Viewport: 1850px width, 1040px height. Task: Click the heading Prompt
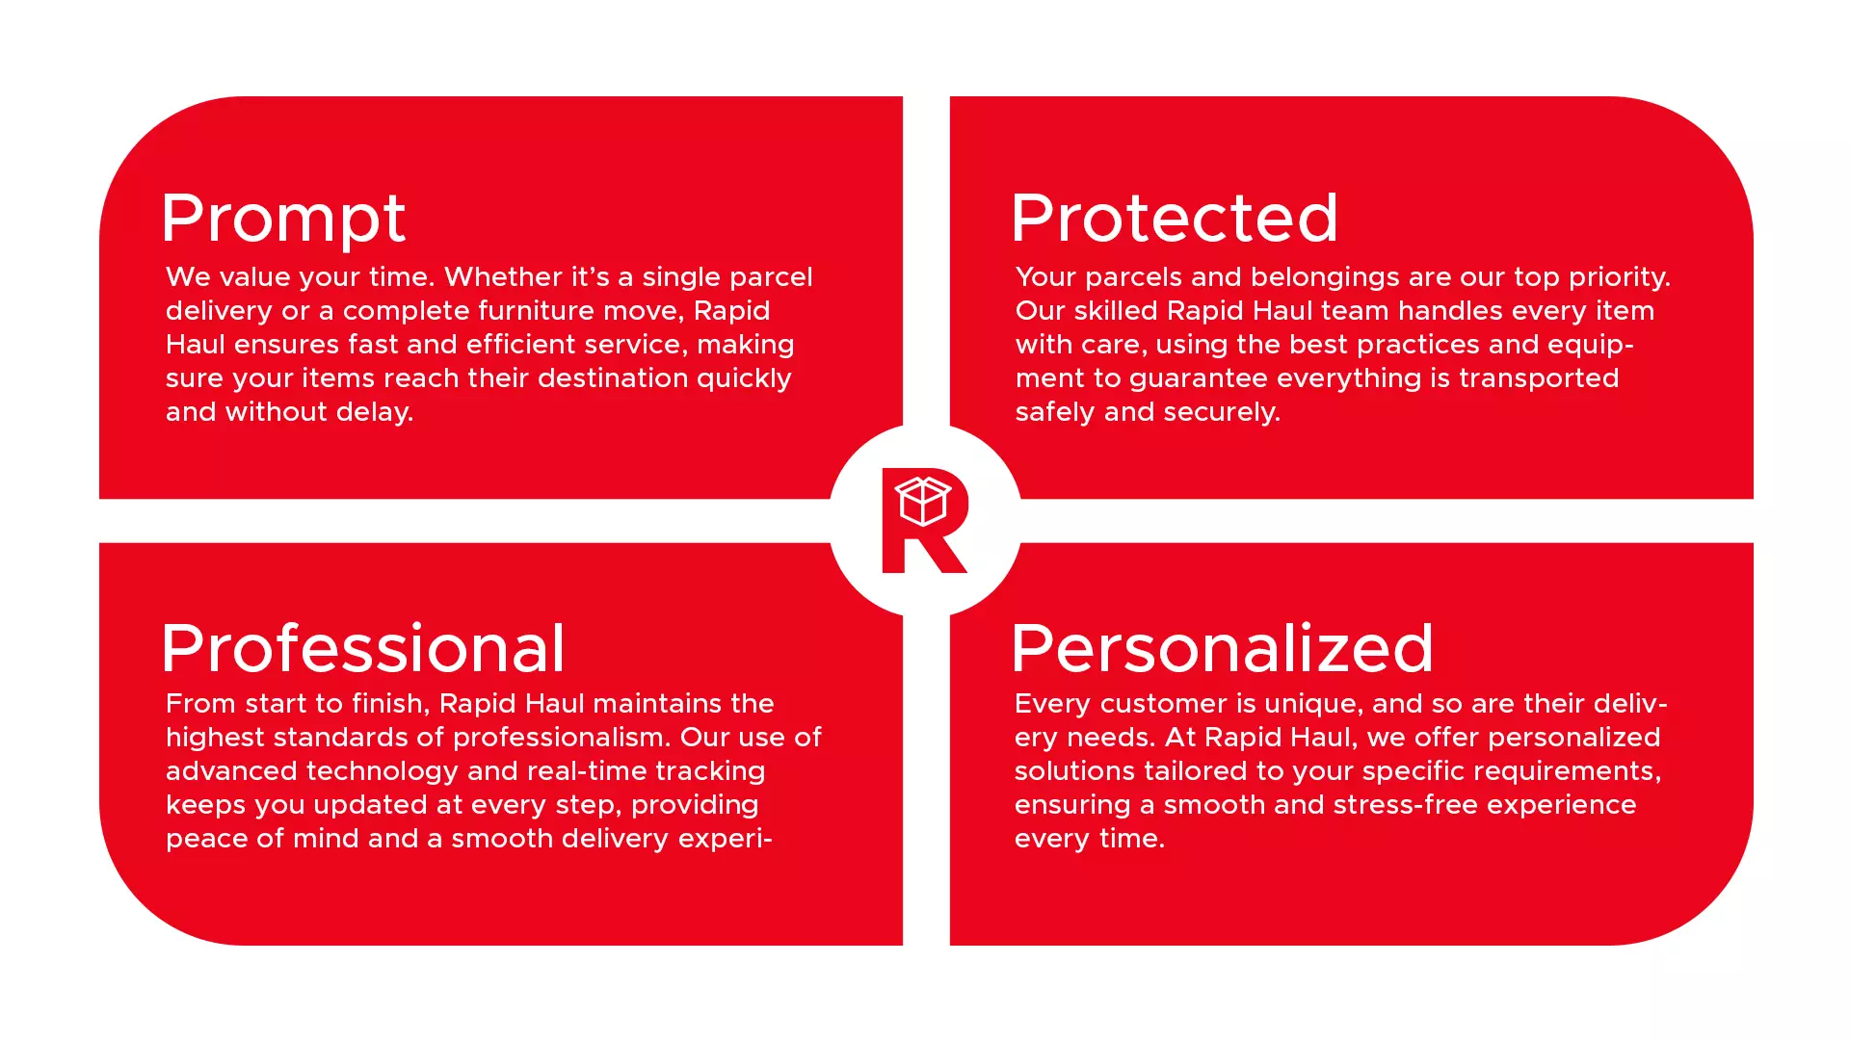(x=283, y=220)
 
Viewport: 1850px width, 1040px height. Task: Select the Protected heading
(x=1175, y=218)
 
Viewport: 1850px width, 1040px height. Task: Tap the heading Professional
(x=363, y=648)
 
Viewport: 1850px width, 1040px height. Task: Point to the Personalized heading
(x=1223, y=648)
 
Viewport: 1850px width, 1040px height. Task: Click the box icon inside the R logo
(x=923, y=501)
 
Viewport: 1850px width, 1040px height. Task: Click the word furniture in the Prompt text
(x=537, y=311)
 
